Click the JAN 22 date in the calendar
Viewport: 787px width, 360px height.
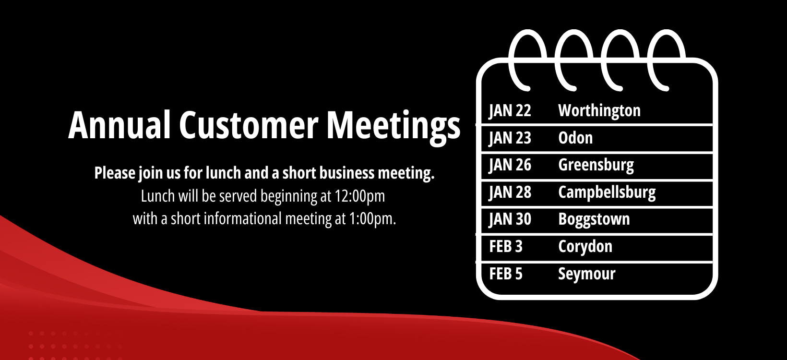(510, 110)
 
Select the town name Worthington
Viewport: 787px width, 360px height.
(599, 110)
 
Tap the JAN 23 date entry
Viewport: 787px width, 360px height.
(510, 138)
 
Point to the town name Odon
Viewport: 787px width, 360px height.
(575, 138)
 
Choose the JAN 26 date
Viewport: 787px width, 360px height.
(510, 165)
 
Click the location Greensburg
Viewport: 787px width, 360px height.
(596, 166)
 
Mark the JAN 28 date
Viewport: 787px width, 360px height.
(510, 192)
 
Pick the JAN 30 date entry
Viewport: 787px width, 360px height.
(510, 219)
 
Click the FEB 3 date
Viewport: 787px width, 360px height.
(506, 246)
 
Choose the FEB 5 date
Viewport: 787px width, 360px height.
(506, 274)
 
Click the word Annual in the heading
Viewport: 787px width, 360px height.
(119, 125)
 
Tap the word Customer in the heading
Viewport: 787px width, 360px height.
(249, 125)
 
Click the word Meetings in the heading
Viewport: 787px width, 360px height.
(393, 127)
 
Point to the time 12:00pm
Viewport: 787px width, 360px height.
(360, 196)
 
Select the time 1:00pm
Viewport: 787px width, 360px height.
(372, 219)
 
